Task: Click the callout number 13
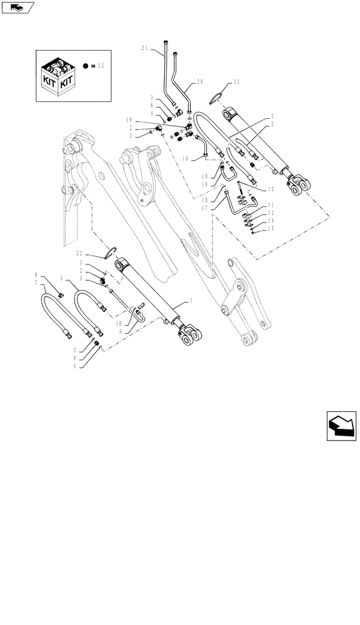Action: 271,189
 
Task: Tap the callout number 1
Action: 190,302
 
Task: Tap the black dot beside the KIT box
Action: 84,64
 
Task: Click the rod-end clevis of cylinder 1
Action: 189,335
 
